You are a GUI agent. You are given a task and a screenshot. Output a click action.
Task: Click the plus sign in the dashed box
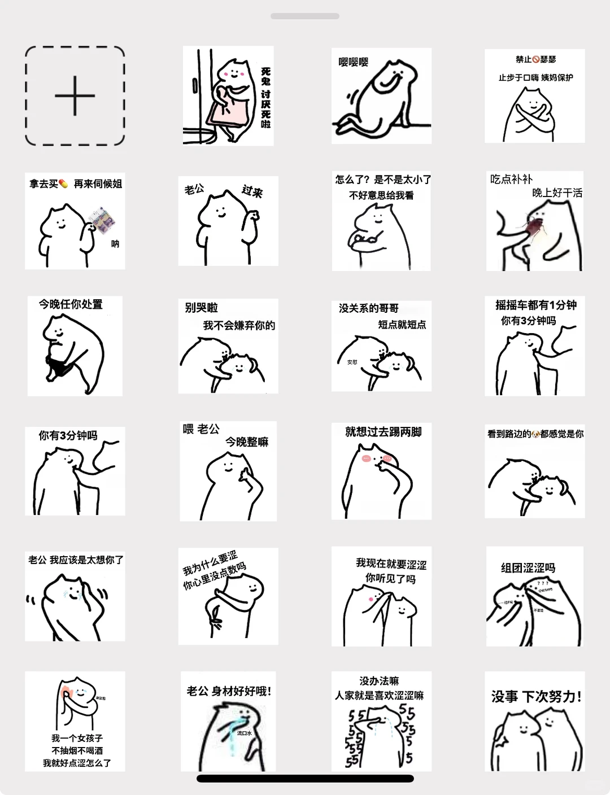[x=75, y=96]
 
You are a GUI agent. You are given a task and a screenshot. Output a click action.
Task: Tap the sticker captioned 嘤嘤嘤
[x=381, y=95]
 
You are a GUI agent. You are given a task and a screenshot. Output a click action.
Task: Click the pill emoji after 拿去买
[x=63, y=184]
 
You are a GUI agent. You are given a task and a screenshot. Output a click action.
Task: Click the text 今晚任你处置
[x=71, y=304]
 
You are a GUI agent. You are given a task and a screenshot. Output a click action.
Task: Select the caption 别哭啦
[x=201, y=308]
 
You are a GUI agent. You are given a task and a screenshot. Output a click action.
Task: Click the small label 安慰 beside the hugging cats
[x=352, y=362]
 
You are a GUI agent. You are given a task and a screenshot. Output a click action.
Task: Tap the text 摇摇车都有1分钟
[x=535, y=305]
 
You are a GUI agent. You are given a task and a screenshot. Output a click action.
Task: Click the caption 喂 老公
[x=201, y=429]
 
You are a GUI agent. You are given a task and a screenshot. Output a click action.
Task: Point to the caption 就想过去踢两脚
[x=384, y=432]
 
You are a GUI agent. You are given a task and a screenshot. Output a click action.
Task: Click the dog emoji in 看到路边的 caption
[x=535, y=434]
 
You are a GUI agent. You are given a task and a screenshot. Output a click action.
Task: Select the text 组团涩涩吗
[x=528, y=568]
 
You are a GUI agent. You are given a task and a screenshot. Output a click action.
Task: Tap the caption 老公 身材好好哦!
[x=229, y=691]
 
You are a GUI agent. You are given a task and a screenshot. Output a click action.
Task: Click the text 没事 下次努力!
[x=536, y=697]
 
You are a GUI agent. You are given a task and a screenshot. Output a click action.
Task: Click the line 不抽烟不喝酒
[x=77, y=750]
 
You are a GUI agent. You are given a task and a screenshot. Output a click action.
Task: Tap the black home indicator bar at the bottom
[x=305, y=779]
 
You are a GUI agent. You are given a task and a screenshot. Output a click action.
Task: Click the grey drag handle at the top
[x=305, y=16]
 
